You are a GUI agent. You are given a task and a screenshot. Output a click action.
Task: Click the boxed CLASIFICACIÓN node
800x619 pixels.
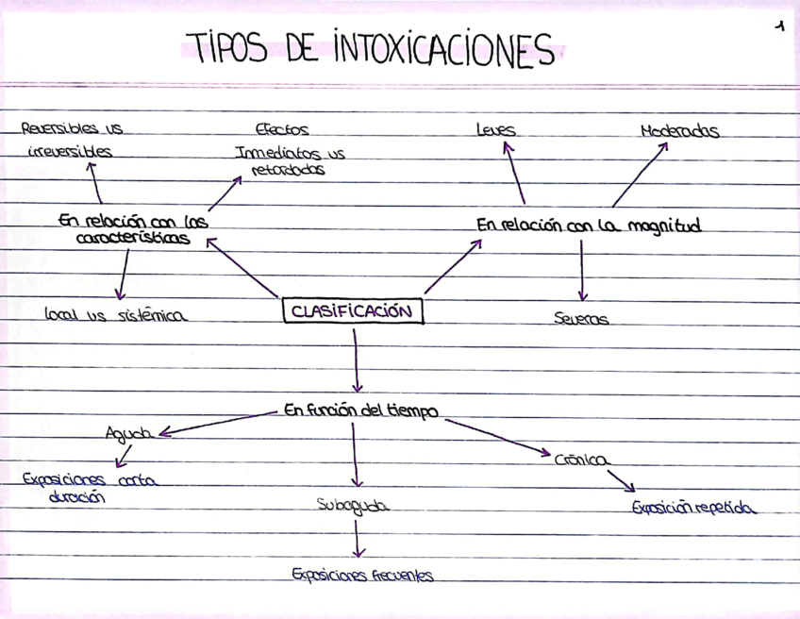(x=353, y=311)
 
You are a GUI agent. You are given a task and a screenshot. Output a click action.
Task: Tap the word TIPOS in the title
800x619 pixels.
(x=226, y=47)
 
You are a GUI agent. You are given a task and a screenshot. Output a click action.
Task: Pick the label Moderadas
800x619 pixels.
(x=679, y=131)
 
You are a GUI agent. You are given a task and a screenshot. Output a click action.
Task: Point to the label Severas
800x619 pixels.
(x=581, y=319)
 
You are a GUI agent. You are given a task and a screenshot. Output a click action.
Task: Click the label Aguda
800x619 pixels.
(x=129, y=433)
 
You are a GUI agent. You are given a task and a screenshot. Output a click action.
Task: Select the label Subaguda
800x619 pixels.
(x=353, y=506)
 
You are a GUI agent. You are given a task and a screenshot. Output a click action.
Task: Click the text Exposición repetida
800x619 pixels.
(x=693, y=507)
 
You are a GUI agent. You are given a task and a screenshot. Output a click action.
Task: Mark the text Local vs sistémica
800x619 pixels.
(x=115, y=316)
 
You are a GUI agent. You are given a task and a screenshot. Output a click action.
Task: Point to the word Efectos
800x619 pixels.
(x=282, y=130)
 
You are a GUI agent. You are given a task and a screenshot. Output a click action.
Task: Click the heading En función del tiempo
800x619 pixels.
(x=360, y=410)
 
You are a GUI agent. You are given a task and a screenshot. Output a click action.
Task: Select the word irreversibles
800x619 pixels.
(x=70, y=151)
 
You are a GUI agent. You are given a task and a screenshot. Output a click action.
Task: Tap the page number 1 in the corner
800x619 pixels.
(x=779, y=27)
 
